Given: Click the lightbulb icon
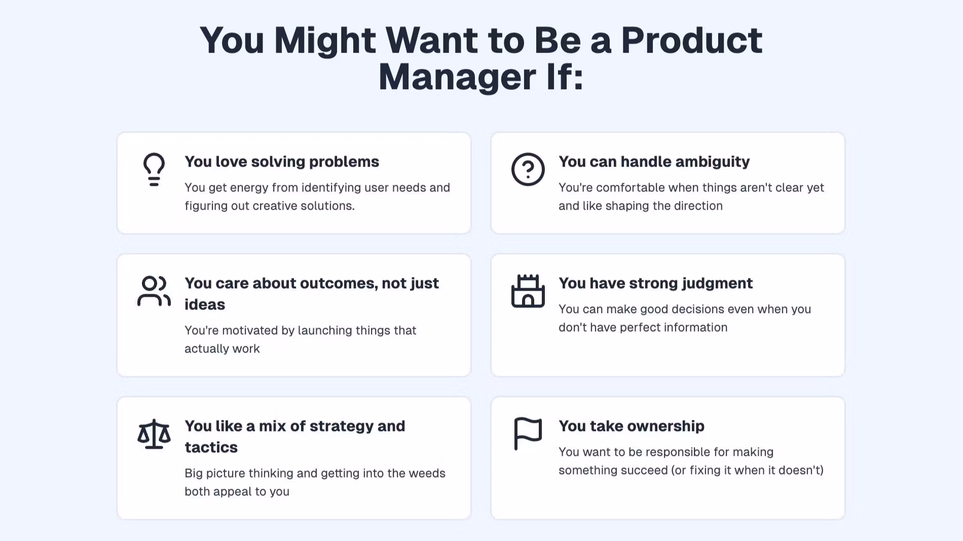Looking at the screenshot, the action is [154, 169].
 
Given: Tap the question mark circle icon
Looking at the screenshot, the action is [528, 169].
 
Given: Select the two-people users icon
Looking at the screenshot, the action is [154, 291].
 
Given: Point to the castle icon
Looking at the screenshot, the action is [528, 291].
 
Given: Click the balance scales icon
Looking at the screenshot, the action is [154, 434].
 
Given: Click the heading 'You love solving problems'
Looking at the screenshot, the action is [282, 162].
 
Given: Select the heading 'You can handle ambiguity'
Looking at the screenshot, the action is [654, 162].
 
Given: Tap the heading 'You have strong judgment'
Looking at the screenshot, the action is [655, 283].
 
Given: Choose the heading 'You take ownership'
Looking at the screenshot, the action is [632, 426].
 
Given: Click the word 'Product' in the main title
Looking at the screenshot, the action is [692, 40].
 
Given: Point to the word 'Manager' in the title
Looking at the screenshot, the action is [457, 78].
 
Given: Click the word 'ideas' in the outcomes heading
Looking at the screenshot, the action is [205, 304].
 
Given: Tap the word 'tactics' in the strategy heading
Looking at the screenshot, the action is [211, 447].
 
